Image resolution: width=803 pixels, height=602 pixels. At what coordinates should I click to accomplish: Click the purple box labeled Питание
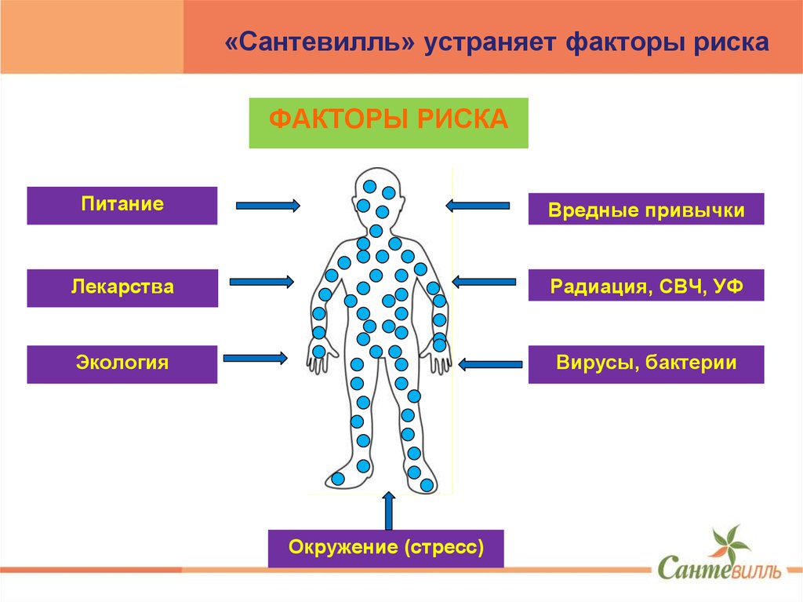(x=122, y=206)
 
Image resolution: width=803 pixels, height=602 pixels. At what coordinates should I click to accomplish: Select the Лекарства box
(x=122, y=287)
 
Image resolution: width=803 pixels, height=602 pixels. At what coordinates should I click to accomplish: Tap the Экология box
(x=122, y=363)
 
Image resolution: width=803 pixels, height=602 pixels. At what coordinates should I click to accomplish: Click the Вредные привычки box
(x=645, y=210)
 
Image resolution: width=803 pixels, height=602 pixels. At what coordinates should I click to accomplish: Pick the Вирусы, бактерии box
(x=645, y=363)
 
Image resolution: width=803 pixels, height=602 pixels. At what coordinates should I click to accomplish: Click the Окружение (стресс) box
(x=385, y=548)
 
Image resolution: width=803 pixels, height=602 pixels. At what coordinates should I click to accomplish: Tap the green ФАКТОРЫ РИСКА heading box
(x=388, y=123)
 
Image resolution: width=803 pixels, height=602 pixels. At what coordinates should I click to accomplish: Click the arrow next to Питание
(x=267, y=206)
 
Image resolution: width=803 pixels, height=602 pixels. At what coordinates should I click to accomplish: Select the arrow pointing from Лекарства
(x=262, y=281)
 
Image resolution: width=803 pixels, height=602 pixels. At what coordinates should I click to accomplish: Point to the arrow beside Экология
(x=256, y=358)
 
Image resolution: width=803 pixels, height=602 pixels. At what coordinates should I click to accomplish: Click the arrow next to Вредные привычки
(x=478, y=206)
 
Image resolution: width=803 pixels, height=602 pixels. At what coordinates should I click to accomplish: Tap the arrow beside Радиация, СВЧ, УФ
(x=485, y=281)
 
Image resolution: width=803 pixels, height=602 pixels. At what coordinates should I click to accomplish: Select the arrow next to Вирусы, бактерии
(x=491, y=363)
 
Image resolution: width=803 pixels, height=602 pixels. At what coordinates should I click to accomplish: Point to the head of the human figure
(x=377, y=196)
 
